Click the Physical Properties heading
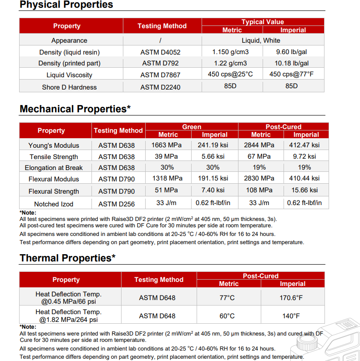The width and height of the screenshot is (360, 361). [x=66, y=5]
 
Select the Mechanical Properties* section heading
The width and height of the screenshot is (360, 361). [x=75, y=109]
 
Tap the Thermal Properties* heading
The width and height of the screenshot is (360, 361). [x=67, y=258]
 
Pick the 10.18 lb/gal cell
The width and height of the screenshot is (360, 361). [x=292, y=63]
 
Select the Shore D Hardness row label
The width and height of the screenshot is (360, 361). [x=69, y=87]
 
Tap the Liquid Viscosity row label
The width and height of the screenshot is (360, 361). [x=69, y=75]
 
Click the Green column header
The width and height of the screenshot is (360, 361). [x=192, y=127]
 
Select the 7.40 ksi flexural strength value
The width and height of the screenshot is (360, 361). [x=213, y=190]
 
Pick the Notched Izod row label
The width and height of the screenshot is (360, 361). [x=54, y=204]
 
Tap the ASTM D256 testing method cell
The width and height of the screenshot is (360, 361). [x=117, y=204]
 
